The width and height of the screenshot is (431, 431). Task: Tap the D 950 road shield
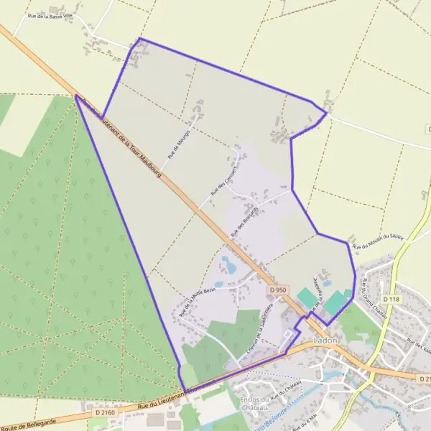(279, 289)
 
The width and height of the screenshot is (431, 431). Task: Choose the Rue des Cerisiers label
(224, 180)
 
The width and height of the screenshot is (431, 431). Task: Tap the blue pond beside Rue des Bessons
(230, 264)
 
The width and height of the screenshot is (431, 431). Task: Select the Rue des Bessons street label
(245, 225)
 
